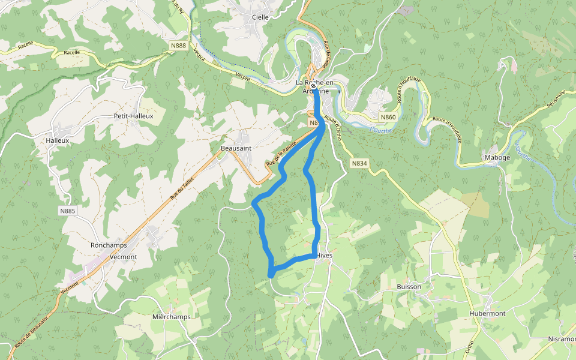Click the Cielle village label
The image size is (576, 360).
pos(260,17)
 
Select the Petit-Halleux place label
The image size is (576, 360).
pos(133,116)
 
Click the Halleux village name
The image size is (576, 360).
pos(58,140)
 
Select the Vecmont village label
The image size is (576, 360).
pos(124,257)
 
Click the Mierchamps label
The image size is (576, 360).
pos(171,317)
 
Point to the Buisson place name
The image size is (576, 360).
pos(409,287)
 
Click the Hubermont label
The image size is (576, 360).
pos(487,313)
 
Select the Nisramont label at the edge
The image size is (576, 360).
pos(562,338)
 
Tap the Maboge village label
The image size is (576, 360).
pos(497,158)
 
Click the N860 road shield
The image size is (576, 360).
pos(388,117)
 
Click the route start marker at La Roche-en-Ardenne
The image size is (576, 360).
pos(314,86)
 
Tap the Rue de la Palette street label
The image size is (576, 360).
pos(281,155)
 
